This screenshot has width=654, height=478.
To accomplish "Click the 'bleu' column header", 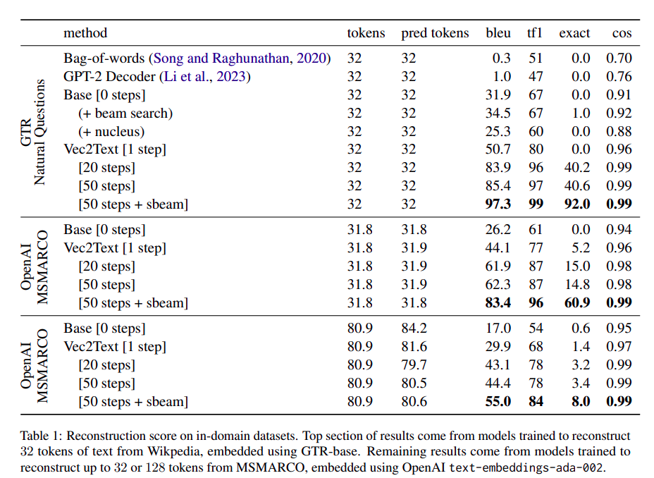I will coord(498,33).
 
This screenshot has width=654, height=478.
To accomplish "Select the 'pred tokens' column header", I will coord(435,33).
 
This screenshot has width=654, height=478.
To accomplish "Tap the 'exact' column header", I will coord(575,33).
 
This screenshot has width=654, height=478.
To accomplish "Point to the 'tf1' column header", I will coord(536,33).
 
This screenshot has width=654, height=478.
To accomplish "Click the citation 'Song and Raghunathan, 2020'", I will coord(240,59).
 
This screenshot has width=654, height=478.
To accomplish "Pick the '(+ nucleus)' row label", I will coord(111,132).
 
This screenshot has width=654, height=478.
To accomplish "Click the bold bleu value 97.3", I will coord(498,204).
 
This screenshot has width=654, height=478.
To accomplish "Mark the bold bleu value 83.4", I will coord(498,303).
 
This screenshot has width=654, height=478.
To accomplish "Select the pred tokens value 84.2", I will coord(414,329).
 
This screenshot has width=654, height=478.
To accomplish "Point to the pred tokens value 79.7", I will coord(414,365).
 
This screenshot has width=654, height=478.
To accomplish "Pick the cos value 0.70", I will coord(619,59).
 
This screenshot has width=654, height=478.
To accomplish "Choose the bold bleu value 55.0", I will coord(498,402).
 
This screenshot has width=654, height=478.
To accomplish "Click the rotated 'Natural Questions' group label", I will coord(40,132).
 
